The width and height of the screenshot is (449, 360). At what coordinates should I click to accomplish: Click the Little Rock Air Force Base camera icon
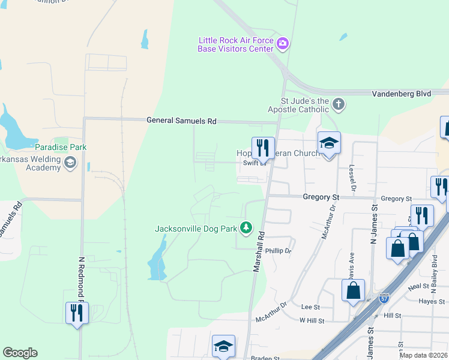pyautogui.click(x=283, y=43)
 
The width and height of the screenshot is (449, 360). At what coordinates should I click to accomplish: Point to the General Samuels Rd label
pyautogui.click(x=181, y=121)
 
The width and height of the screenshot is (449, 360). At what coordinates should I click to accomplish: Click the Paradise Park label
pyautogui.click(x=61, y=147)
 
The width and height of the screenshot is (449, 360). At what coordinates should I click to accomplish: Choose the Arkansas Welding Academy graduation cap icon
pyautogui.click(x=71, y=163)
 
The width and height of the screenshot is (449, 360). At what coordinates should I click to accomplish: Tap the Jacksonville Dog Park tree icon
pyautogui.click(x=246, y=227)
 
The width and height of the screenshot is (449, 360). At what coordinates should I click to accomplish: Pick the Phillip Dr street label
pyautogui.click(x=278, y=251)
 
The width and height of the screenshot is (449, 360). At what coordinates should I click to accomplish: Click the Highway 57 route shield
pyautogui.click(x=384, y=298)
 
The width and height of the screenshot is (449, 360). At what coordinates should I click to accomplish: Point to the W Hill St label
pyautogui.click(x=312, y=321)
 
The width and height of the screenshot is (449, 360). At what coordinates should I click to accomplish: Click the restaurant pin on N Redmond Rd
pyautogui.click(x=77, y=313)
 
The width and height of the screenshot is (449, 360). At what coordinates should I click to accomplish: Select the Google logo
pyautogui.click(x=20, y=353)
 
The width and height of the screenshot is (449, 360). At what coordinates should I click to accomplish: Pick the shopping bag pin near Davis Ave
pyautogui.click(x=354, y=290)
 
